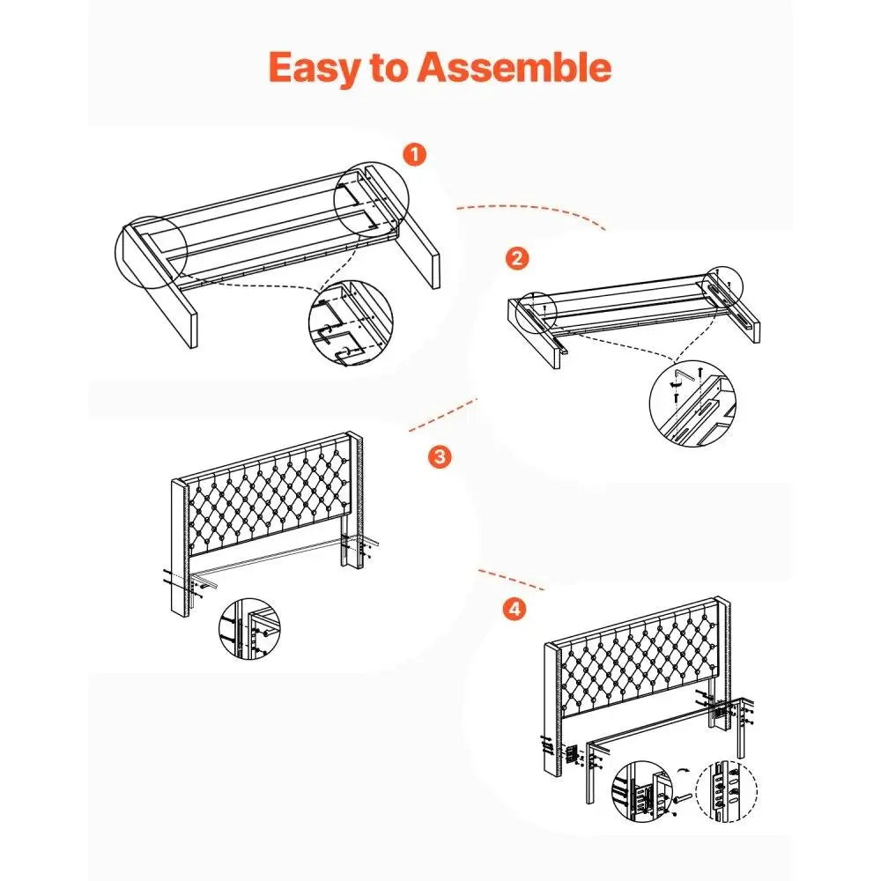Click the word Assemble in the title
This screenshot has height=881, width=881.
(514, 67)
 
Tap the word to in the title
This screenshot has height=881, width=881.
(389, 68)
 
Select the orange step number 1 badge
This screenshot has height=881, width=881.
(415, 154)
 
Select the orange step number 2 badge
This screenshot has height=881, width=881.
(517, 258)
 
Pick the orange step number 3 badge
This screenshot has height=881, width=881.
(440, 456)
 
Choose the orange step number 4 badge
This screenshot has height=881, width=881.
(515, 609)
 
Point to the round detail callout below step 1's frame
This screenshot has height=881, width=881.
(351, 322)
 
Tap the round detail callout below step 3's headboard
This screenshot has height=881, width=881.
(249, 628)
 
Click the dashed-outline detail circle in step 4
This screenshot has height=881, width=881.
(726, 791)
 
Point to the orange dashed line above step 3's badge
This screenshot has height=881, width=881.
(442, 415)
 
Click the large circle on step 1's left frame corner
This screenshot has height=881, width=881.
(151, 252)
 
